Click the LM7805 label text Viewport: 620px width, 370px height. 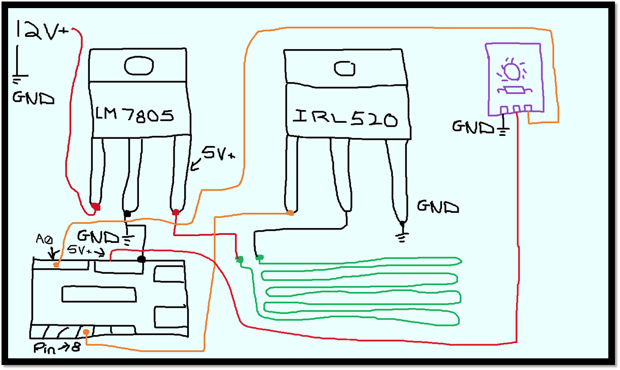pos(134,116)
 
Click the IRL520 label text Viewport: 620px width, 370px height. pos(345,120)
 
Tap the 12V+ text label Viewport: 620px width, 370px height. pos(43,31)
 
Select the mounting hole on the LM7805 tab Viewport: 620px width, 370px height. pos(139,65)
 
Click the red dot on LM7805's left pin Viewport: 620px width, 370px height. pos(95,207)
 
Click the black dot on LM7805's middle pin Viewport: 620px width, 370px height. pos(127,214)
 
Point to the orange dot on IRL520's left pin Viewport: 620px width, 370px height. pos(290,213)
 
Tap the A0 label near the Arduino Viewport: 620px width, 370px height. pos(43,238)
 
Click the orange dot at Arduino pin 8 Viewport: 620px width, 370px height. pos(87,332)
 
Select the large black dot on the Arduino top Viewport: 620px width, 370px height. pos(142,260)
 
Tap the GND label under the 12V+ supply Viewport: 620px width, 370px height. pos(33,98)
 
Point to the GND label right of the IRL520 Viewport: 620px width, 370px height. pos(437,206)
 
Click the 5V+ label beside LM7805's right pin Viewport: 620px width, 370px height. pos(218,153)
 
